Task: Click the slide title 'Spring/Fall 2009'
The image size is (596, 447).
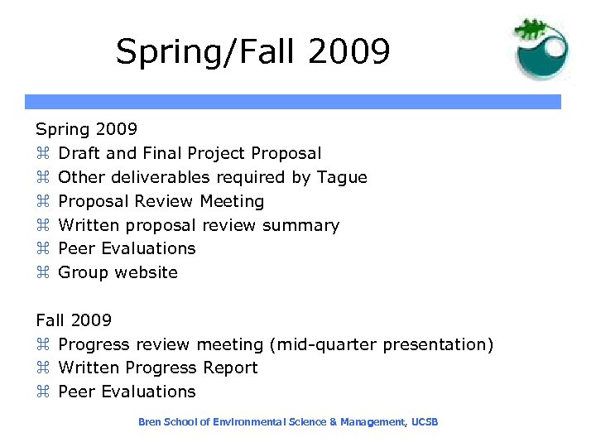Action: (x=252, y=51)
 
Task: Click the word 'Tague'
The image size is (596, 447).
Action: (x=341, y=177)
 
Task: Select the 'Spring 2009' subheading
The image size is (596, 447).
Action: (x=86, y=129)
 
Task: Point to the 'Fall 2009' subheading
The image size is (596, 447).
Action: (x=74, y=320)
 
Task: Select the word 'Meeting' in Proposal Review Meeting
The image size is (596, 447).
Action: (x=233, y=201)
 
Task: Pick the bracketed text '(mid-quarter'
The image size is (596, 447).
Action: (x=317, y=344)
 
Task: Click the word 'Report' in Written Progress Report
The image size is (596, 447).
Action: (x=231, y=368)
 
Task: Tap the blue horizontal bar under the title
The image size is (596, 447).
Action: (x=292, y=102)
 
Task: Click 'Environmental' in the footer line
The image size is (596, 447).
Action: (x=246, y=422)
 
